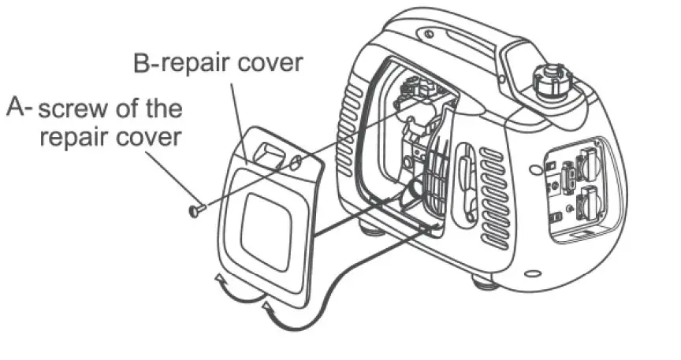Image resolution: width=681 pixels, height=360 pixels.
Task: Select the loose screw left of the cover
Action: [195, 209]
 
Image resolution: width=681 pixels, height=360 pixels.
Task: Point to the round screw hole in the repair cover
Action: [294, 163]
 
